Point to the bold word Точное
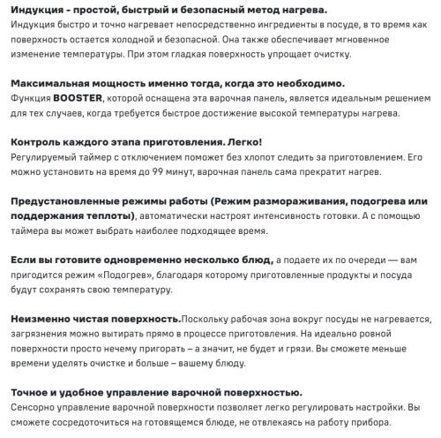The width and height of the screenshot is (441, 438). [30, 392]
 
